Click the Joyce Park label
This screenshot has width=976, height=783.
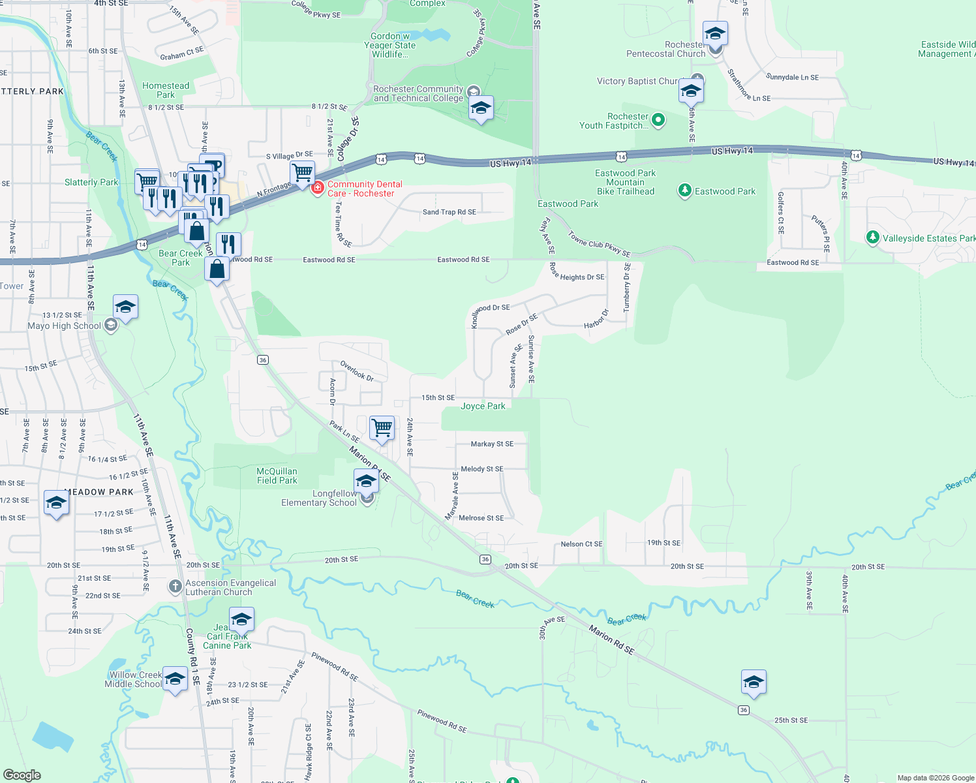pos(483,406)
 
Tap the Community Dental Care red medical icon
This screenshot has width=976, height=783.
pos(318,188)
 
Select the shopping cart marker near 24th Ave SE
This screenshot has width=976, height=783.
pos(382,428)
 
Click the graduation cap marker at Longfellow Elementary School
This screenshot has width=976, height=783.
pos(366,481)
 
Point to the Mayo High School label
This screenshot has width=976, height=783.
pos(64,326)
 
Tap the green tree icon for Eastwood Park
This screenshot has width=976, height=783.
pos(684,191)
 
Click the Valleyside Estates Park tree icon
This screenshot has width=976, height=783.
pos(873,238)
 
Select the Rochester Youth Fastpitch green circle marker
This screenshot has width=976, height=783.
pos(658,119)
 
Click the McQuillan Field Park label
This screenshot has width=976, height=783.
pos(277,476)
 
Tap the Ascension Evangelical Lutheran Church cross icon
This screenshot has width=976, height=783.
pos(175,587)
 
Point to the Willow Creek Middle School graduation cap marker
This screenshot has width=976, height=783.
pos(175,679)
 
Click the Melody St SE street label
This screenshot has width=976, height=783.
pos(481,469)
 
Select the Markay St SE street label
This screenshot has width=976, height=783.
pos(492,444)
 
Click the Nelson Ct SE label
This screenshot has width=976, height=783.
pos(581,544)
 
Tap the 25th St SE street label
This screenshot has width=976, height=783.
pos(791,720)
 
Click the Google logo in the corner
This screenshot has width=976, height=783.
pos(22,775)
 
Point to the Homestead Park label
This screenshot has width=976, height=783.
pos(166,90)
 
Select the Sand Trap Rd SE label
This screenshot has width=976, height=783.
pos(449,212)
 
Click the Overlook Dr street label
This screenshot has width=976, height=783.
pos(357,371)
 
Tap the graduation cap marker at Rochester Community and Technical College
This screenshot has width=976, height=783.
pos(481,108)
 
